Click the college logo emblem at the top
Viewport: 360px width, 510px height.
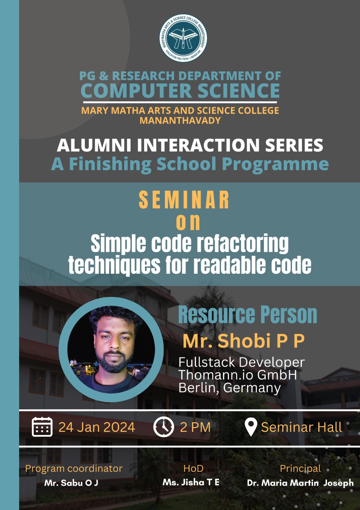[x=183, y=38]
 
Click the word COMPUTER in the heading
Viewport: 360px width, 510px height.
[x=136, y=90]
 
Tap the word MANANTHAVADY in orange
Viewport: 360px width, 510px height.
[x=180, y=120]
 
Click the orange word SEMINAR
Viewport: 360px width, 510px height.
[x=184, y=200]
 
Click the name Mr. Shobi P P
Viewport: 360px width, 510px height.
[x=244, y=341]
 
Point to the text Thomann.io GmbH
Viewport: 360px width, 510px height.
[x=237, y=375]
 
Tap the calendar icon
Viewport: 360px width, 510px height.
[x=42, y=427]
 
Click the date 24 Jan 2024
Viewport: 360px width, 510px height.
[x=97, y=427]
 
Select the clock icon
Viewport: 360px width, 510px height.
[x=164, y=427]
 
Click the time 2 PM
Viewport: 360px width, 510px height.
[x=195, y=427]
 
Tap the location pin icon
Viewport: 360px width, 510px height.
[x=251, y=427]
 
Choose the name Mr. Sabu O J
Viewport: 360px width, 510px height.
[x=71, y=483]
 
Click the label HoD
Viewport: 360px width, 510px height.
[x=194, y=468]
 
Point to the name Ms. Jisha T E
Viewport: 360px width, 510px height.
[x=191, y=482]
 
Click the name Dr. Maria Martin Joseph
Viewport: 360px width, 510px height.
[x=300, y=483]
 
